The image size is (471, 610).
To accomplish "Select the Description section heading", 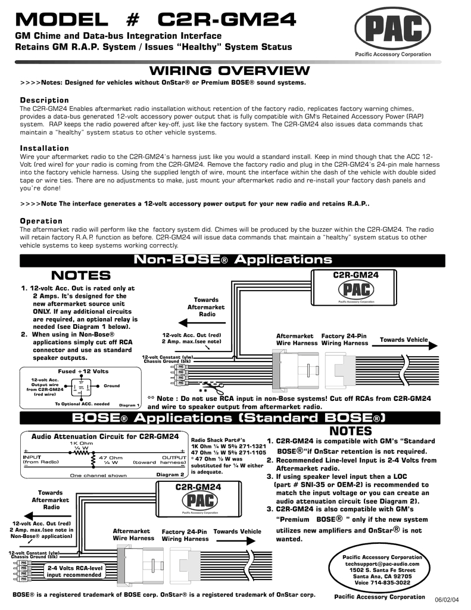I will click(x=45, y=99).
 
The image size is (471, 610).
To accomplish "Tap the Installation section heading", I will click(x=45, y=148).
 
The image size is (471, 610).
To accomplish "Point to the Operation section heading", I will click(x=41, y=221).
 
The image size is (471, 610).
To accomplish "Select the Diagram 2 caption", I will click(x=170, y=475).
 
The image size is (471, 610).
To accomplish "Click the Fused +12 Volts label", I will click(x=79, y=371).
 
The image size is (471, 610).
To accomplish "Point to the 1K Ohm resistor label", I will click(x=81, y=444).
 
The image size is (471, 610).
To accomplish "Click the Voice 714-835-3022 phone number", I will click(x=382, y=583).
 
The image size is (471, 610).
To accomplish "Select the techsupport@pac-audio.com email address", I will click(x=382, y=563).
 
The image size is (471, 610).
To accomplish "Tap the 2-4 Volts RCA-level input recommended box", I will click(x=75, y=571).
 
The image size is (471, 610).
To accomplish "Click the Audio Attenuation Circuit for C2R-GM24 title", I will click(x=105, y=436).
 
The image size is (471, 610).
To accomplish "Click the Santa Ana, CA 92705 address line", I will click(x=382, y=577).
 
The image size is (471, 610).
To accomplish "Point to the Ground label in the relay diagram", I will click(x=111, y=385).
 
